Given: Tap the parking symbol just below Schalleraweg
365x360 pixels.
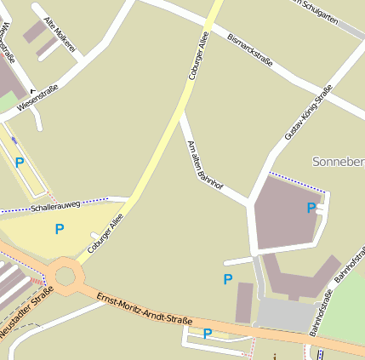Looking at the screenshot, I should [x=59, y=228].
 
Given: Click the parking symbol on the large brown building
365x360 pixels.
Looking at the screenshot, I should [x=311, y=207].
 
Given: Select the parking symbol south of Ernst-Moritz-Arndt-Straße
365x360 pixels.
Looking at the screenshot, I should [x=207, y=333].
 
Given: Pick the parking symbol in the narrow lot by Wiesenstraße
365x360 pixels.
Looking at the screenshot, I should [x=19, y=162].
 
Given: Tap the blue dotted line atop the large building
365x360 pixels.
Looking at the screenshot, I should [x=298, y=180].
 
